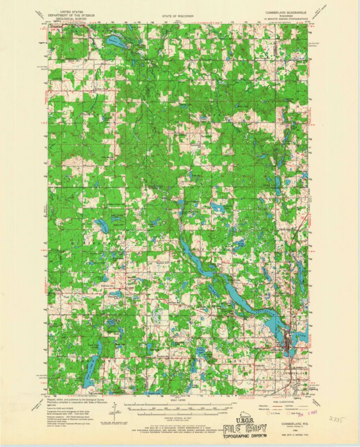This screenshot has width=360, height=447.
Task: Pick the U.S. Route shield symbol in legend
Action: coord(270,413)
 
